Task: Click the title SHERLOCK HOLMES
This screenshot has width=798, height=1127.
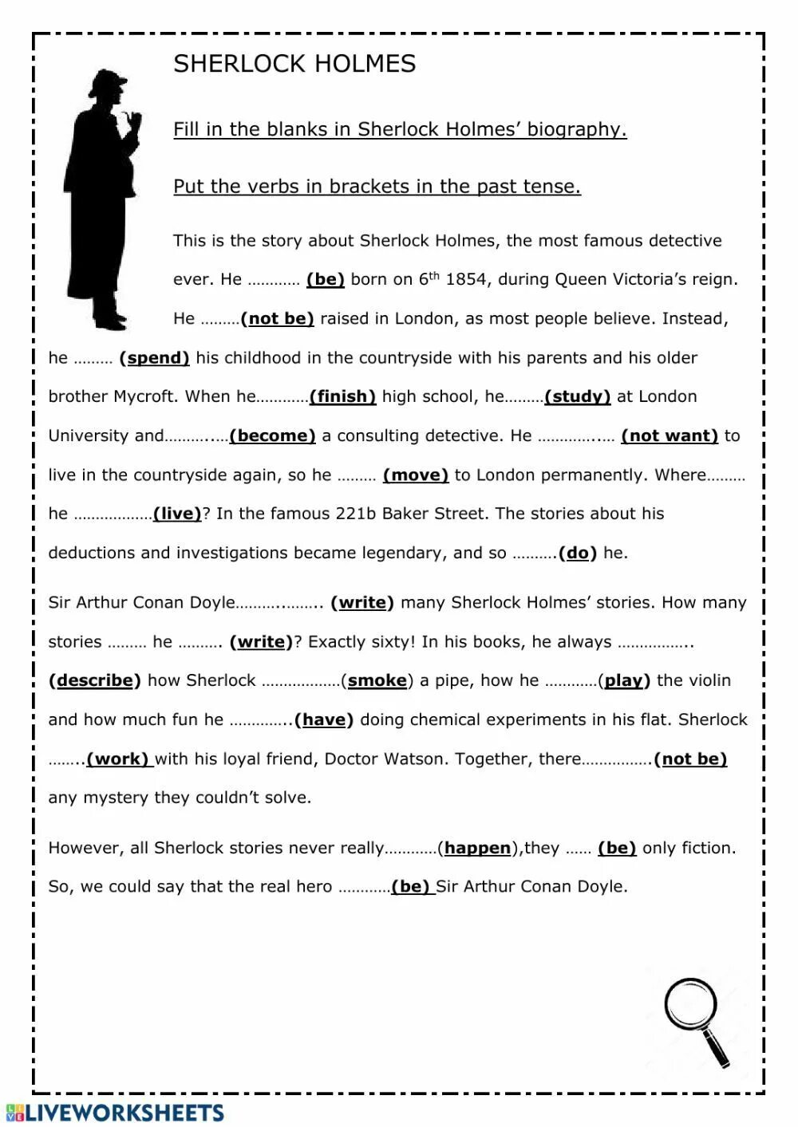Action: pos(294,64)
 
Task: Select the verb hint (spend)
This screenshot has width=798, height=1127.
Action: pos(155,358)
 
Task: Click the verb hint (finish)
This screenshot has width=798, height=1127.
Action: pos(342,396)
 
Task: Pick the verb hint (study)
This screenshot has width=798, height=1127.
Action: pos(577,396)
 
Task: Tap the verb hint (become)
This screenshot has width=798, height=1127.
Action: pos(272,435)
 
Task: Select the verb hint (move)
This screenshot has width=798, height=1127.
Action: pos(416,475)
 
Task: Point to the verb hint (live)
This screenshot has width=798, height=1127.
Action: pos(177,514)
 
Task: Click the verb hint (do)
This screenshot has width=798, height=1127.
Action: pos(578,553)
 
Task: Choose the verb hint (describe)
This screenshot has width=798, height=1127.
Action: pos(94,680)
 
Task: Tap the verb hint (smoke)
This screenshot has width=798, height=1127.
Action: pos(377,680)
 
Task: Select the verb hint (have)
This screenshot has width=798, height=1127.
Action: pos(324,719)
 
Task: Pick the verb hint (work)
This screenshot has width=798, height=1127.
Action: pos(118,759)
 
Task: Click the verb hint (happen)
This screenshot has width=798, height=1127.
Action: pos(477,848)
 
